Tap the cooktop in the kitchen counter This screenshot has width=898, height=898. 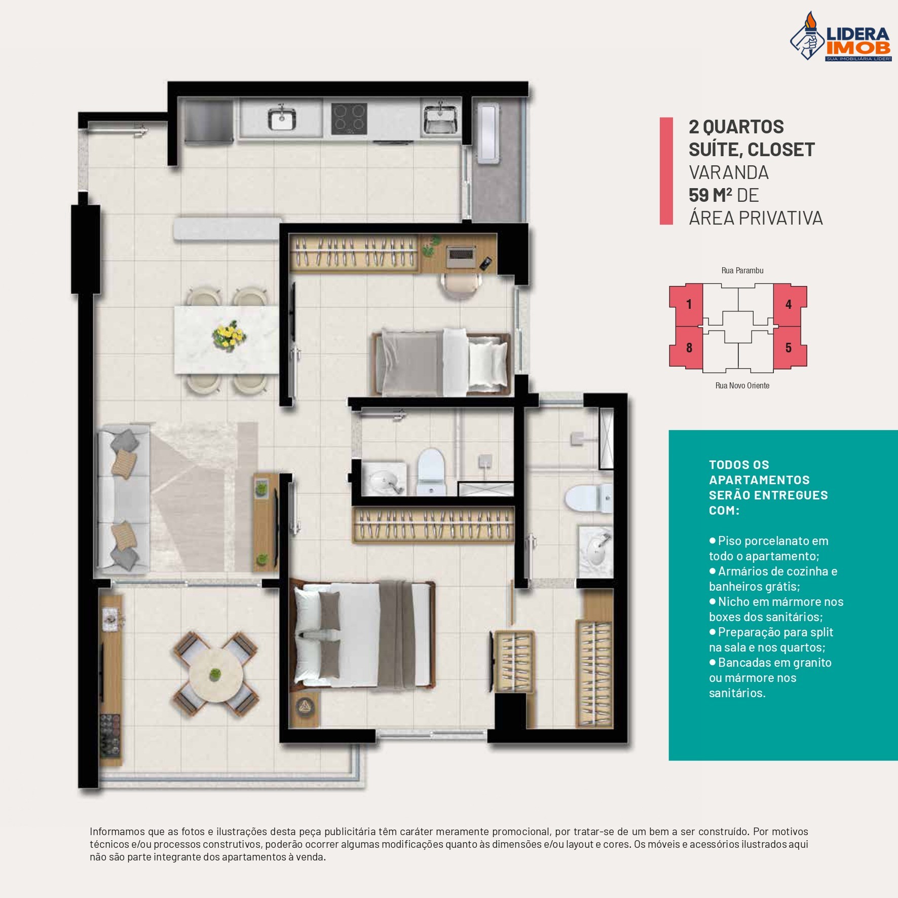(349, 119)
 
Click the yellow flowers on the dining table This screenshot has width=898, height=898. (229, 336)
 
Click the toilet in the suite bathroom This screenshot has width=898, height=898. (589, 497)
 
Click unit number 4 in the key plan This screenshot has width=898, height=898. (788, 305)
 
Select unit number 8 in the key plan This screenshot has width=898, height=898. (689, 348)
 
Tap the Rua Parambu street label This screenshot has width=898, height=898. (742, 270)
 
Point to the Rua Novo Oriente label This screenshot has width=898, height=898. (742, 385)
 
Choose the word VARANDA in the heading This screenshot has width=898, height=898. (728, 172)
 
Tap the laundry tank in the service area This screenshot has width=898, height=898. (489, 133)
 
